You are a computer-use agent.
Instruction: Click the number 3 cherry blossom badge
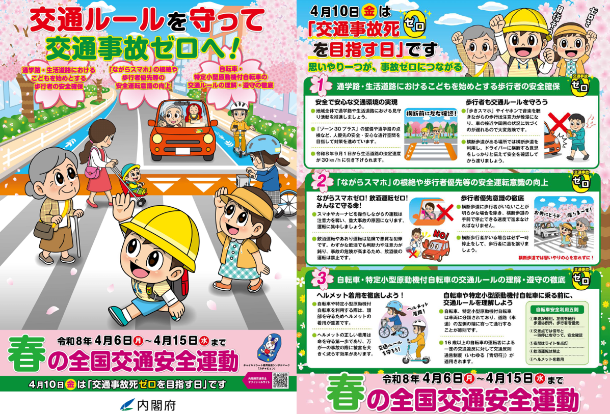pyautogui.click(x=321, y=279)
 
